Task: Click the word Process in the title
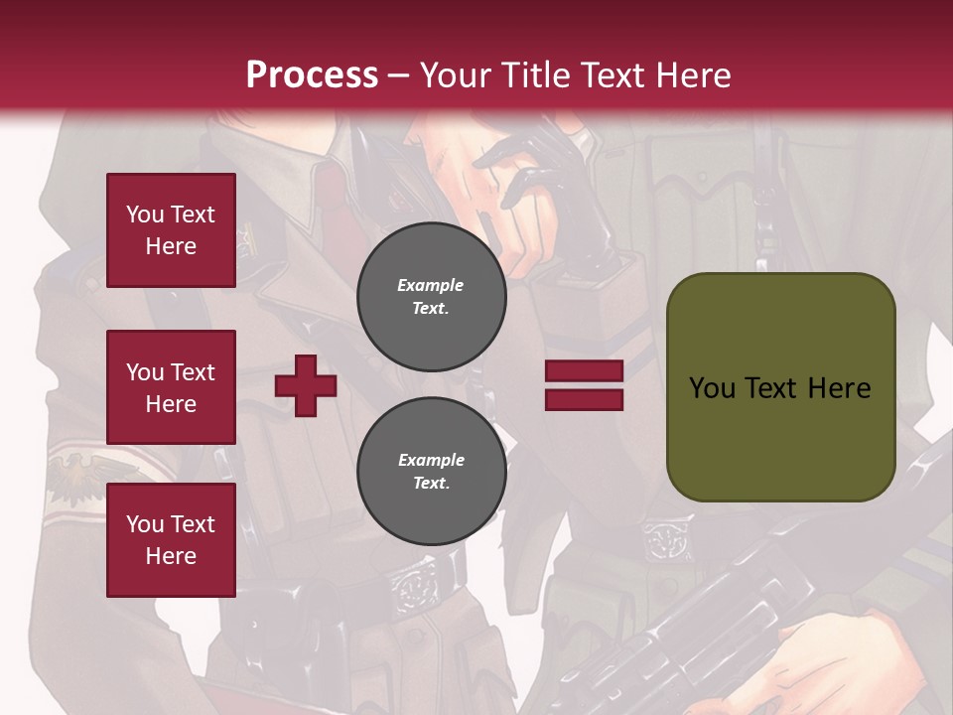(312, 75)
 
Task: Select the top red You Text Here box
(171, 230)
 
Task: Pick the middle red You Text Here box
(171, 387)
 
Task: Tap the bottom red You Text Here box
(171, 539)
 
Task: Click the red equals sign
(584, 385)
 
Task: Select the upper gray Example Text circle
(431, 297)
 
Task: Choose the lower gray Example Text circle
(431, 472)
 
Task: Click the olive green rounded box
(780, 387)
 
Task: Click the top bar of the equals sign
(584, 371)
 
